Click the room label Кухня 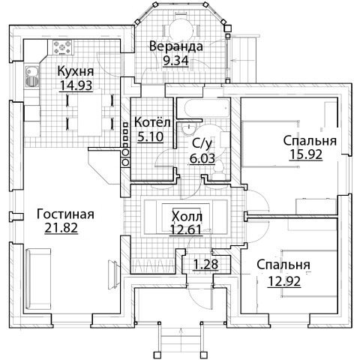coord(76,71)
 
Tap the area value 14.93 coord(76,85)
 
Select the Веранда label coord(176,46)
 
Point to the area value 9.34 coord(175,60)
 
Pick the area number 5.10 coord(151,136)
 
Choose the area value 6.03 coord(202,158)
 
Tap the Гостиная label coord(65,214)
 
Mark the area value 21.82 coord(61,228)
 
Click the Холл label coord(187,217)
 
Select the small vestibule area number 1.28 coord(206,265)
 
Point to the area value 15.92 coord(306,154)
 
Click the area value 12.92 coord(284,282)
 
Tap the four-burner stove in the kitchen coord(62,47)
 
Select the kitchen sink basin coord(31,72)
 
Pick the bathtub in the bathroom coord(207,109)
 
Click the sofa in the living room coord(38,279)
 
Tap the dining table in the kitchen coord(89,112)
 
